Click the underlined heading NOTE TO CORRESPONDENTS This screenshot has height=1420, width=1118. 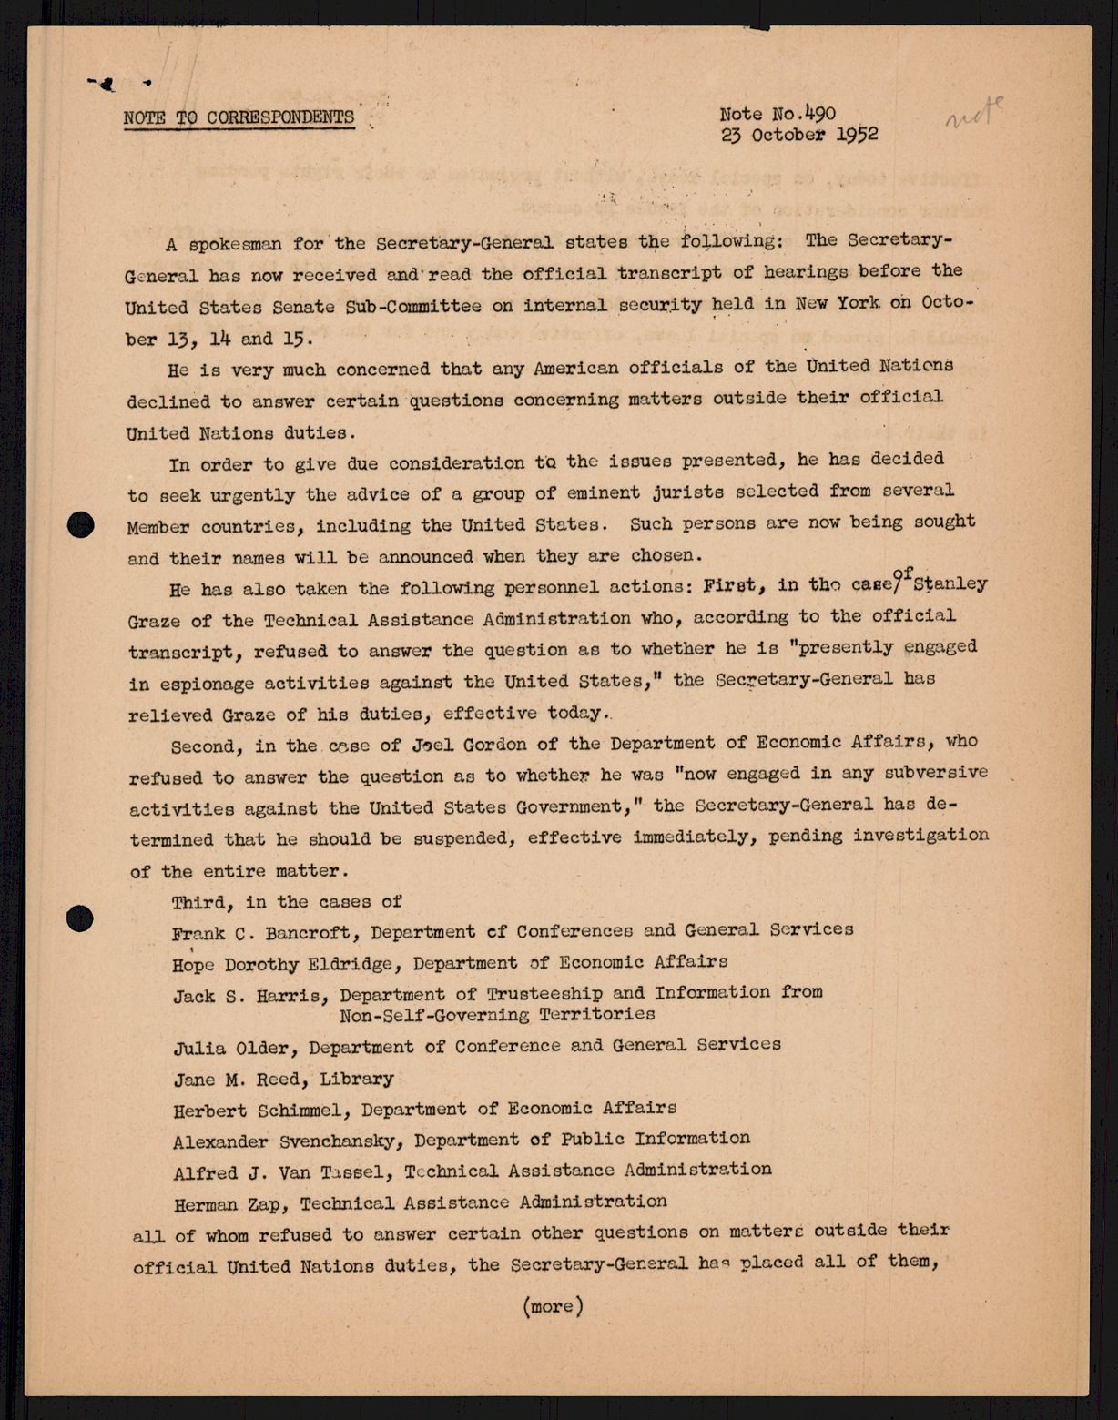click(239, 117)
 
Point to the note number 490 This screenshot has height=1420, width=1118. click(816, 114)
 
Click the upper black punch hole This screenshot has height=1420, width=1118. click(82, 524)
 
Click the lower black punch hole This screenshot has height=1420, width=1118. click(80, 918)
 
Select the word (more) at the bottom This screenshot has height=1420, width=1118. click(554, 1306)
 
